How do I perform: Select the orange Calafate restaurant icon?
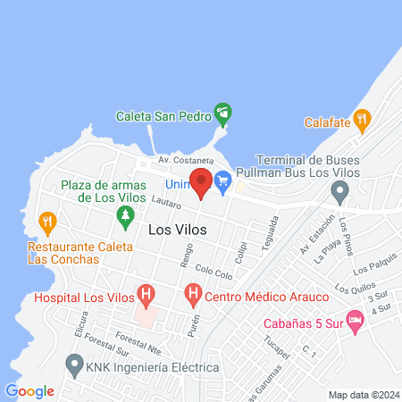point(362,119)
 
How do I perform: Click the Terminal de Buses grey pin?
point(339,190)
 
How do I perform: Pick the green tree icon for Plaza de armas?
point(126,215)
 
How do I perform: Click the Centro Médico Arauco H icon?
point(192,294)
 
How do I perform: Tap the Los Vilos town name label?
point(177,230)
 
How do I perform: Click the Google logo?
point(29,390)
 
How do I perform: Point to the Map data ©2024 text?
point(363,395)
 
